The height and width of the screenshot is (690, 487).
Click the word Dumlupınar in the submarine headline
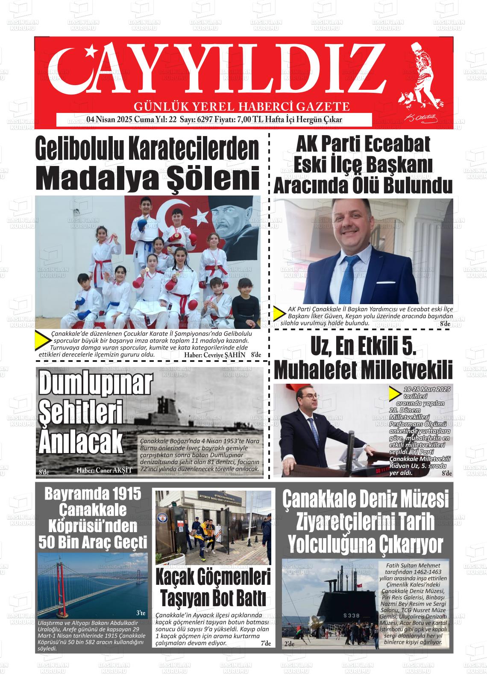[95, 384]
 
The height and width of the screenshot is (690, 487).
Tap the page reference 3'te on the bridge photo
[141, 613]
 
